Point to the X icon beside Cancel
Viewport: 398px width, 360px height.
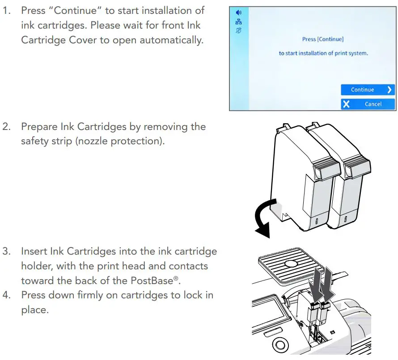click(346, 104)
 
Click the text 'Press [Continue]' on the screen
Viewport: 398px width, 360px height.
click(323, 39)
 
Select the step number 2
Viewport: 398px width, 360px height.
click(7, 127)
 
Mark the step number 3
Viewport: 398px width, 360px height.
click(7, 251)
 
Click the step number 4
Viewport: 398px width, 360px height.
click(7, 295)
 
